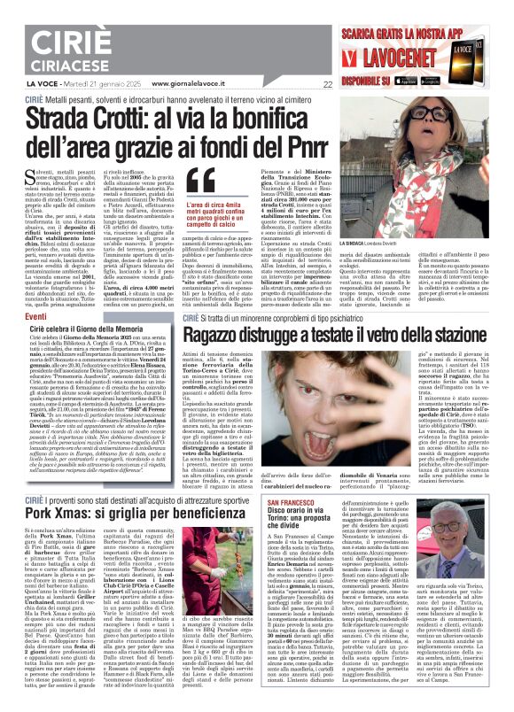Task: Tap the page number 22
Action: (328, 85)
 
